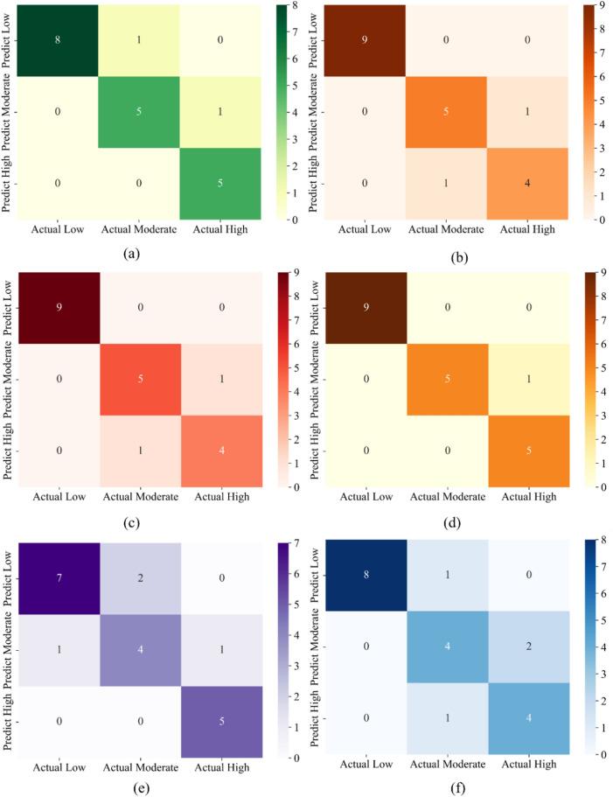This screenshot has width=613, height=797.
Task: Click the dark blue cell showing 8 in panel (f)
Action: pyautogui.click(x=359, y=577)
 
